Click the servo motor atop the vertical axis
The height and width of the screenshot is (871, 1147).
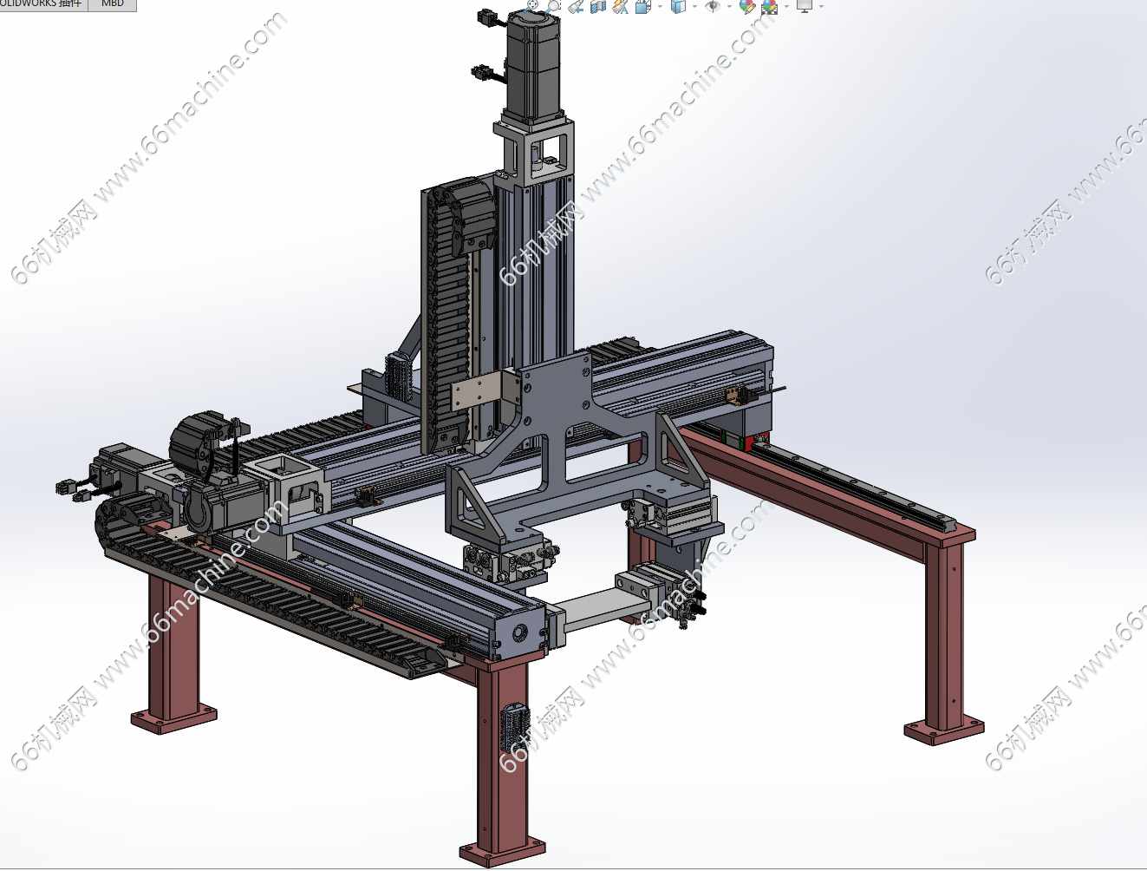(532, 65)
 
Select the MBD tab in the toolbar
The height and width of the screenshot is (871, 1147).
(113, 4)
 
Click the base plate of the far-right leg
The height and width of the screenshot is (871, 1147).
(944, 730)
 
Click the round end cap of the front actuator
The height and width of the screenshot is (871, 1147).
(520, 632)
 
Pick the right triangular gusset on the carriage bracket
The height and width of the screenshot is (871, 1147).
(681, 455)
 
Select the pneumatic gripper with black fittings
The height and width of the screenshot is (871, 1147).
(668, 594)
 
